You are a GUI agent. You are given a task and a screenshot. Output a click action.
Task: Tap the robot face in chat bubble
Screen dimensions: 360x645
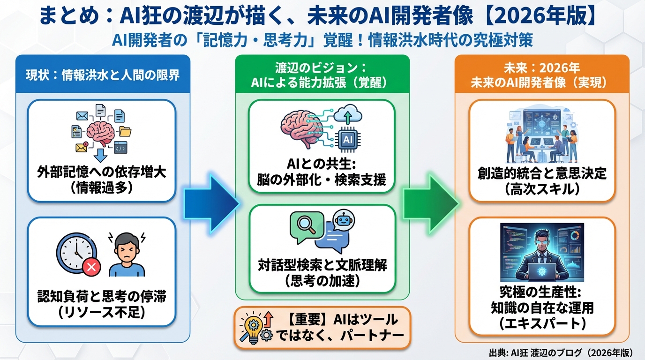click(x=343, y=219)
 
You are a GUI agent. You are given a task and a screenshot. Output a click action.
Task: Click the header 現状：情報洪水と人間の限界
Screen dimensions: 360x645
click(x=102, y=75)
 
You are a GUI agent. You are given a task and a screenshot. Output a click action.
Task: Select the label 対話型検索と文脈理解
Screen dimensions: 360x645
click(x=322, y=265)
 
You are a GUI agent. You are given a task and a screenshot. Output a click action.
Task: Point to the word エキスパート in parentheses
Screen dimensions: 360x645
click(x=541, y=323)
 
